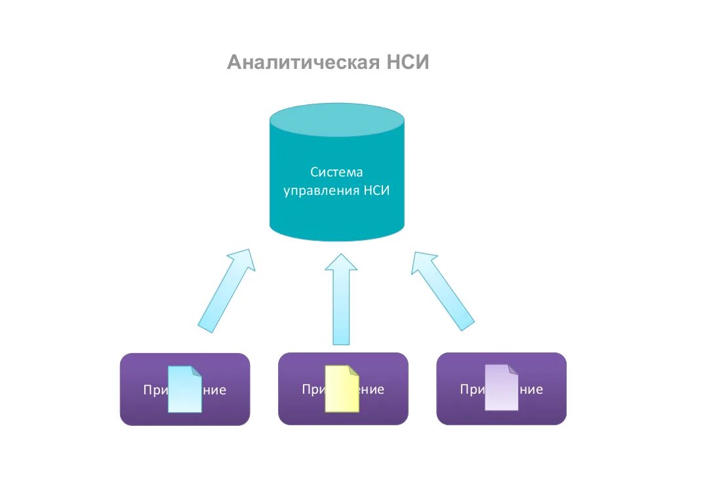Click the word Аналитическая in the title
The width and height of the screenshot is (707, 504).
coord(303,63)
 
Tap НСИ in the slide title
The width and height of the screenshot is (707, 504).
coord(406,63)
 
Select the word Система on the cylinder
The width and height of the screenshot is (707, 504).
coord(336,172)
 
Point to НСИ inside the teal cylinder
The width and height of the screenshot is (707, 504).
coord(376,191)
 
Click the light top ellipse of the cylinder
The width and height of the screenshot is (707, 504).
coord(336,119)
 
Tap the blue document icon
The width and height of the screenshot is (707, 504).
coord(184,390)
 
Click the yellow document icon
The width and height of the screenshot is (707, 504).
coord(342,389)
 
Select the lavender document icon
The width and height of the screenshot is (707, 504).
coord(501,388)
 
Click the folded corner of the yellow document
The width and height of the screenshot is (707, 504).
coord(354,371)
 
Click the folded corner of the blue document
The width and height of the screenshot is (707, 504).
coord(197,371)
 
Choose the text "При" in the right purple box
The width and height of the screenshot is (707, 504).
coord(471,390)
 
